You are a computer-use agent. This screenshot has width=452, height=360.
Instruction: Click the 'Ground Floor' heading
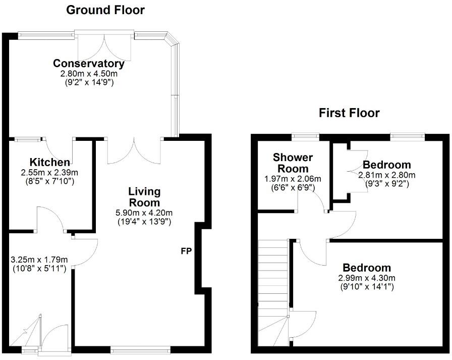105,10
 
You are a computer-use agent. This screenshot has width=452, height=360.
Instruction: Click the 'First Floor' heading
349,113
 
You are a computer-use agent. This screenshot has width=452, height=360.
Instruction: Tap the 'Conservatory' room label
89,64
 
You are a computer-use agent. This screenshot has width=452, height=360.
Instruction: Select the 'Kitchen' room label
49,162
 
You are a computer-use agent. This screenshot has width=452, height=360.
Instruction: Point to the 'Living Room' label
144,197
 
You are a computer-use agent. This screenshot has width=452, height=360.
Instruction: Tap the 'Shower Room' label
293,163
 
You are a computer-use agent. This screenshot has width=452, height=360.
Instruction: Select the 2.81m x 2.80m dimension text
386,175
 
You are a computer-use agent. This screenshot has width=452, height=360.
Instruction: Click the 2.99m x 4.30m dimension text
367,278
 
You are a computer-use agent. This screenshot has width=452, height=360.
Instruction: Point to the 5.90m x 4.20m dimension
144,213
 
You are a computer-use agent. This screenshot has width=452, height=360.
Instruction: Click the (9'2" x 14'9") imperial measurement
89,81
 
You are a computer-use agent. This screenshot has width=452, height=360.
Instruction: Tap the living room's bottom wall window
140,348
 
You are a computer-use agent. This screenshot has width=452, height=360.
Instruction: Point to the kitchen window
28,139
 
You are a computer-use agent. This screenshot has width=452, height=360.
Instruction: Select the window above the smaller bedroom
407,135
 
